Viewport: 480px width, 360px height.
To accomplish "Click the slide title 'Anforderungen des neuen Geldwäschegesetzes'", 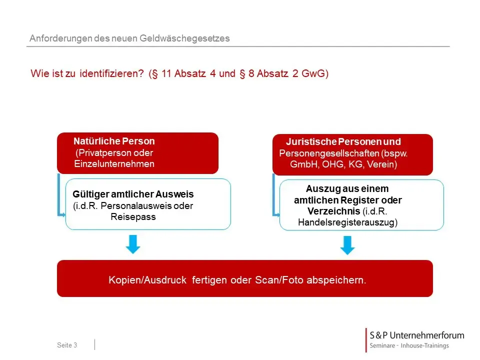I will (x=129, y=38).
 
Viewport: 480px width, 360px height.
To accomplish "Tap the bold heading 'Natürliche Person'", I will (x=114, y=141).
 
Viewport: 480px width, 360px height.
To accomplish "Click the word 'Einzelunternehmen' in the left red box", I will (x=114, y=163).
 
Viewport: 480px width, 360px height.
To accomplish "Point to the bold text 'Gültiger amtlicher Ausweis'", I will (x=133, y=194).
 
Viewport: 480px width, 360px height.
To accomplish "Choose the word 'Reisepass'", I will (x=133, y=217).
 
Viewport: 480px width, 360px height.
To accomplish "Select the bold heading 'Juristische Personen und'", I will (x=343, y=142).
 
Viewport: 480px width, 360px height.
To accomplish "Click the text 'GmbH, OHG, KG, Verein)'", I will (x=343, y=164).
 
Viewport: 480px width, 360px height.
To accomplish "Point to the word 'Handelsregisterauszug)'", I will (x=347, y=223).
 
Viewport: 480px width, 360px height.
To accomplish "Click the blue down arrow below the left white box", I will (x=132, y=244).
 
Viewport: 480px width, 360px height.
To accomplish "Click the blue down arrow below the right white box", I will (x=347, y=245).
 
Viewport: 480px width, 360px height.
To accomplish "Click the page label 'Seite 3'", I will (x=67, y=345).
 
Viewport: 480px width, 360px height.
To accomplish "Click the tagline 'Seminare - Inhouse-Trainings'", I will (x=409, y=346).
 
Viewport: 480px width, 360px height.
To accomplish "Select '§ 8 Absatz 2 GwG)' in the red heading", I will (x=283, y=74).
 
